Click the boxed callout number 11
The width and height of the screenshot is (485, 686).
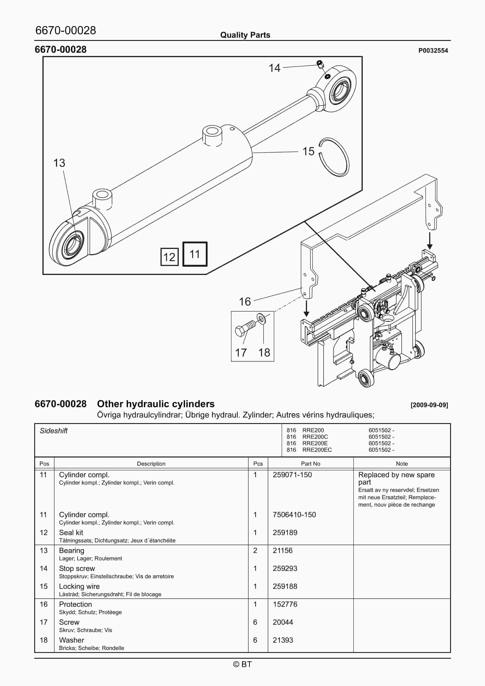tap(195, 254)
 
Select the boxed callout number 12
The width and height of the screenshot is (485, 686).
tap(169, 257)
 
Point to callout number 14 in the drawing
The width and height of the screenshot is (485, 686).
tap(274, 68)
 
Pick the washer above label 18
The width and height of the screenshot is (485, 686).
tap(261, 319)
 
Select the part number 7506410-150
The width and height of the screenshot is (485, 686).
tap(294, 514)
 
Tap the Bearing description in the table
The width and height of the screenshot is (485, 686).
tap(72, 550)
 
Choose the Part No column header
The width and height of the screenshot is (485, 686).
tap(310, 463)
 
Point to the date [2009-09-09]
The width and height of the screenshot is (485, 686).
tap(429, 405)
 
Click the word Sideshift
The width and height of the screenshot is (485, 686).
tap(54, 431)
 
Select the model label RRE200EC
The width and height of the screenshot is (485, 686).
tap(317, 450)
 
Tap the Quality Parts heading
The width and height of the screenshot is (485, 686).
tap(245, 35)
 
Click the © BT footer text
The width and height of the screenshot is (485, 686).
tap(242, 664)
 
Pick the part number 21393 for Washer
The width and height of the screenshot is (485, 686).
tap(283, 640)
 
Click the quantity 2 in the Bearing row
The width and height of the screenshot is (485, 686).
tap(255, 550)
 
